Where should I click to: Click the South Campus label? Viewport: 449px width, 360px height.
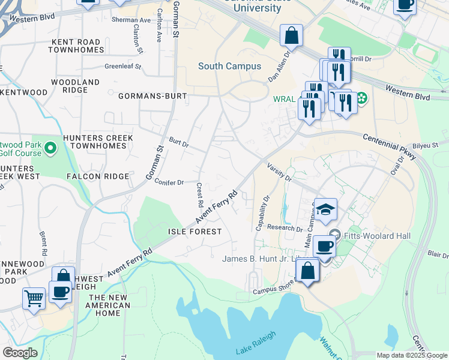pyautogui.click(x=229, y=66)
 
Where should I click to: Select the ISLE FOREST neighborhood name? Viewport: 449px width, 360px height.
pyautogui.click(x=195, y=232)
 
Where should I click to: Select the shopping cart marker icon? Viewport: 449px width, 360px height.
pyautogui.click(x=34, y=297)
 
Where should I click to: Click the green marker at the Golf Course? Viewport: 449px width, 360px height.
pyautogui.click(x=50, y=147)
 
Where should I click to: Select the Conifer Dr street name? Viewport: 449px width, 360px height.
pyautogui.click(x=169, y=182)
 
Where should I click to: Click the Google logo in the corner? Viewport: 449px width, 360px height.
pyautogui.click(x=20, y=353)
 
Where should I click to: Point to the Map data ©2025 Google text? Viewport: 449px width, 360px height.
pyautogui.click(x=411, y=355)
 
